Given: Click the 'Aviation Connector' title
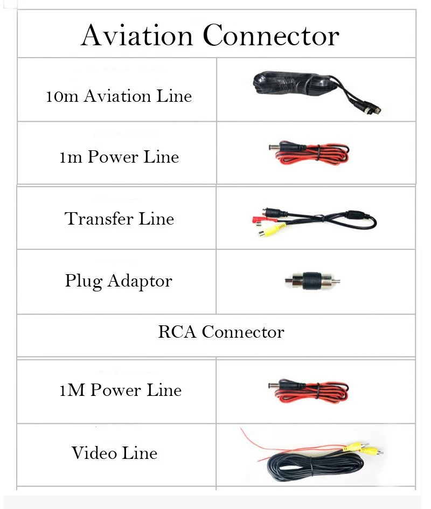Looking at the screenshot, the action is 210,36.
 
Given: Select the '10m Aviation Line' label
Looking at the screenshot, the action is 119,96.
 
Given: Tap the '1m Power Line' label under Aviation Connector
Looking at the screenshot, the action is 119,157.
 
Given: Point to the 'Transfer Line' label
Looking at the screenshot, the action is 119,219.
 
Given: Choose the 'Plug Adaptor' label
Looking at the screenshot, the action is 119,281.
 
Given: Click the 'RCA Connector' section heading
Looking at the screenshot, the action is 221,332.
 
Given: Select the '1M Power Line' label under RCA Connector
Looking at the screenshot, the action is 120,390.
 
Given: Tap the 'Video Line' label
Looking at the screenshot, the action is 114,453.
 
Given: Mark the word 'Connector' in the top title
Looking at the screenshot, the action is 272,36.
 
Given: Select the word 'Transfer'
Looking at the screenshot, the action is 99,219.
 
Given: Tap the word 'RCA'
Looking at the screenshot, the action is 177,332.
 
